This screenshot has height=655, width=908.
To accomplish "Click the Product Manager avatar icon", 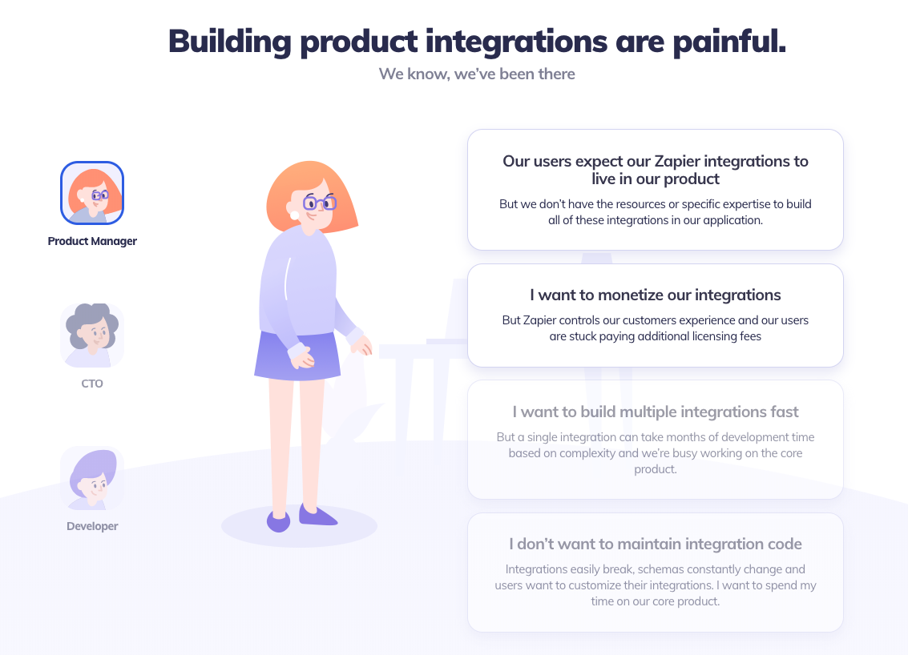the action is pos(92,193).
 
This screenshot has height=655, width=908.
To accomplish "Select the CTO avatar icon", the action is pos(92,336).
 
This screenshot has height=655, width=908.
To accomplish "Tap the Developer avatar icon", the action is pos(92,478).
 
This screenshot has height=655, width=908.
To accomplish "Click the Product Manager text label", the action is pos(92,241).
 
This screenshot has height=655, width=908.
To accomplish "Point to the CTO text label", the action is pos(92,384).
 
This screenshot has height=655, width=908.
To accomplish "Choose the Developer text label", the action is pos(92,527).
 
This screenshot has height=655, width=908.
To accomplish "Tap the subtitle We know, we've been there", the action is pos(477,74).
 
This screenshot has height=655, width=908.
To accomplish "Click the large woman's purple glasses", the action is pos(321,203).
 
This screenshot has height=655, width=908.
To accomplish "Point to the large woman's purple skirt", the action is pos(297,356).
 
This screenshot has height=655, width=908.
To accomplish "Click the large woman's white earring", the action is pos(294,215).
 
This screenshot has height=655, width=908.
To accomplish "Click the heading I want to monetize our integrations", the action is pos(656,295).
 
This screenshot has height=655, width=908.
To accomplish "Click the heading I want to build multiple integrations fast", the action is pos(656,412).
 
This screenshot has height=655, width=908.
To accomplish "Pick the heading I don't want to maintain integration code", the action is pos(656,544).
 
